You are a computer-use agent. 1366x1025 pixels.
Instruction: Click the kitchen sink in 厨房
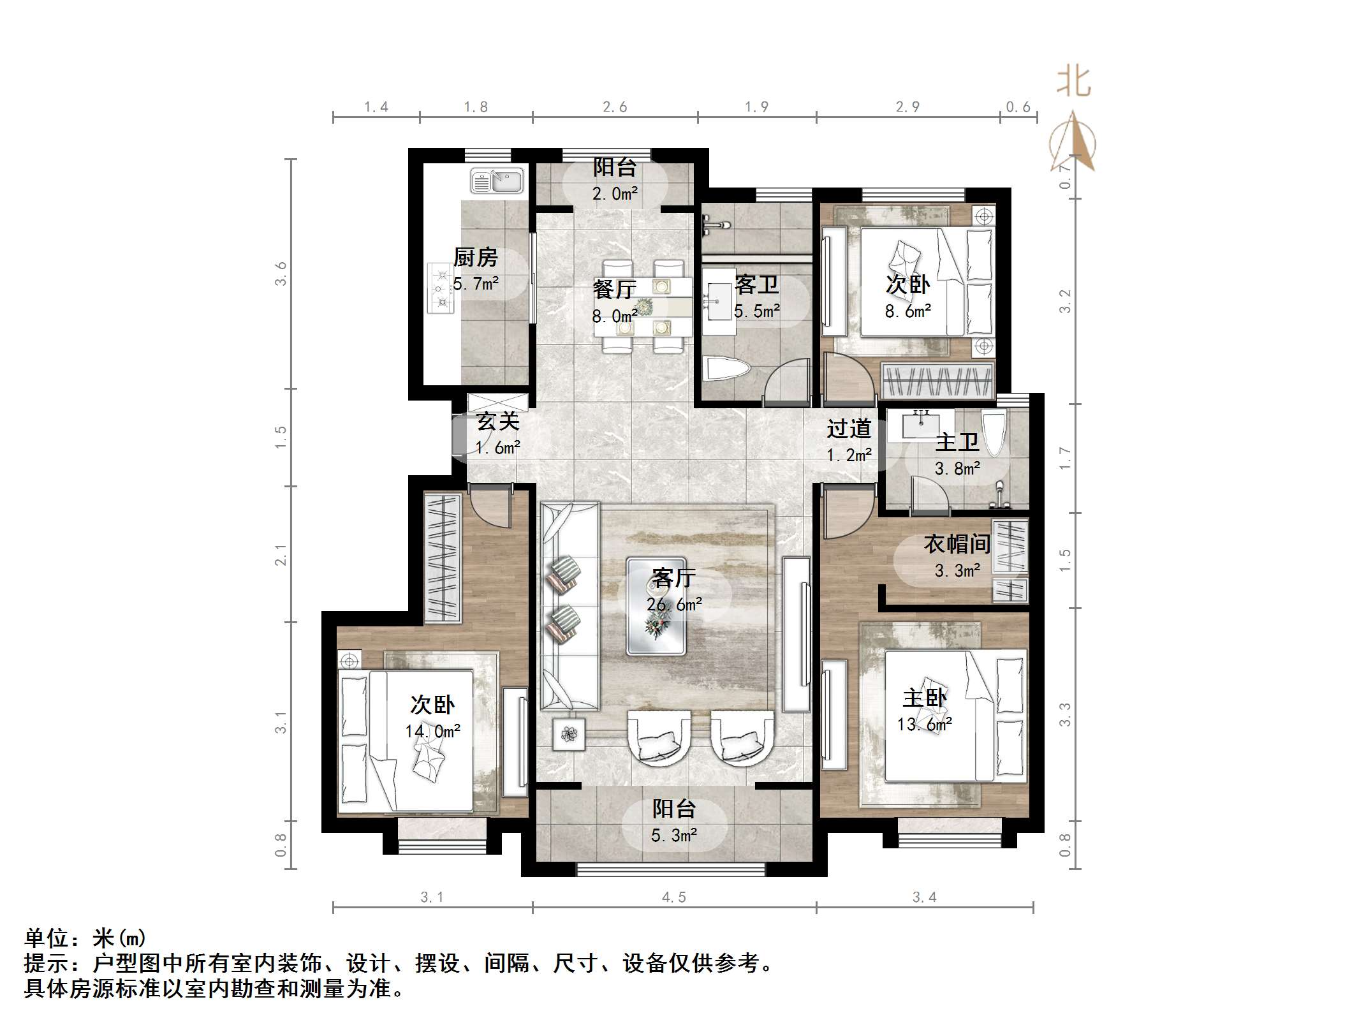(496, 181)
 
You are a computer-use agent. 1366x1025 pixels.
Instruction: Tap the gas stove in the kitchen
(440, 288)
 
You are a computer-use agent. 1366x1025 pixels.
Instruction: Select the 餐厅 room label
(613, 290)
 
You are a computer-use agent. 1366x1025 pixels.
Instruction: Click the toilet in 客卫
(726, 371)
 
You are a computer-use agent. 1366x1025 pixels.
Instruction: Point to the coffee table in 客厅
(656, 606)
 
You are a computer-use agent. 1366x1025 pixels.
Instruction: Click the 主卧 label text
(924, 698)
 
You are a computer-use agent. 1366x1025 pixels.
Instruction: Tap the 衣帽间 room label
(957, 544)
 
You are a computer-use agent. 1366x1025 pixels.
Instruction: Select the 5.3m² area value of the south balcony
(673, 836)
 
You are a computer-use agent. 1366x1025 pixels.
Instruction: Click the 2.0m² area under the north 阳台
(615, 194)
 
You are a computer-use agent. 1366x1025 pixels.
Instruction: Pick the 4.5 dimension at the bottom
(673, 898)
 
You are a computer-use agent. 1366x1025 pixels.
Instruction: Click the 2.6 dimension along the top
(615, 107)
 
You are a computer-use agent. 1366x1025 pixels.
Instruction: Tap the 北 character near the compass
(1074, 82)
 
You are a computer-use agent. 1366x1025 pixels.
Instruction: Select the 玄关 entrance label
(498, 422)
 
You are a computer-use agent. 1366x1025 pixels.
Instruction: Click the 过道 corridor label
(849, 429)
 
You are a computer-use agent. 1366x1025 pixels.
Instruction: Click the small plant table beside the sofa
(569, 735)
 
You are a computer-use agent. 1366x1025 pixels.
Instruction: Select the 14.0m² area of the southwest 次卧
(432, 732)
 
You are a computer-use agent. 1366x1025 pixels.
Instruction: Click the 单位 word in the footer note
(47, 938)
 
